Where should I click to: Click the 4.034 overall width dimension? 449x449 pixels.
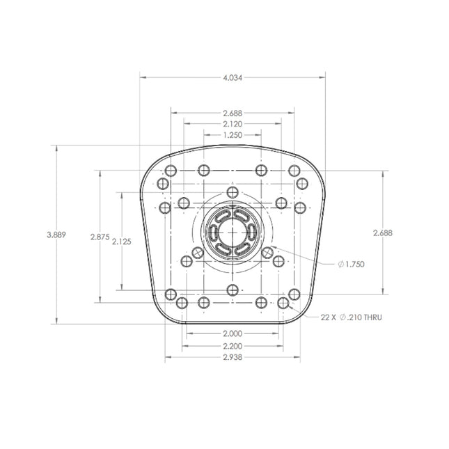point(233,78)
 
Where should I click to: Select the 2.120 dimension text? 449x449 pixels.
point(233,123)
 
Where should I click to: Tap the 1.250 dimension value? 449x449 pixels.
point(233,135)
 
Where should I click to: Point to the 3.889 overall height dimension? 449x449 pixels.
point(56,235)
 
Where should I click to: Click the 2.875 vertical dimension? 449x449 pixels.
point(100,237)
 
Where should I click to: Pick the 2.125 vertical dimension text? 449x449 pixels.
point(122,242)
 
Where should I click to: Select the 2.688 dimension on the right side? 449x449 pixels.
point(382,233)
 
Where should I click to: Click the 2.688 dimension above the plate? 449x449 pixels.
point(233,113)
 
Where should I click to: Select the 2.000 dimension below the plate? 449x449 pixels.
point(233,333)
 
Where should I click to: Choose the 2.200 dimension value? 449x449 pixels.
point(233,345)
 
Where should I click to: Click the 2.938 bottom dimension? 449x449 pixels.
point(233,357)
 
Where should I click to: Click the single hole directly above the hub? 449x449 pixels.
point(233,192)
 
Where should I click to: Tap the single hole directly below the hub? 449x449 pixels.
point(233,290)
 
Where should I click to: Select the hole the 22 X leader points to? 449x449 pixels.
point(283,304)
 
